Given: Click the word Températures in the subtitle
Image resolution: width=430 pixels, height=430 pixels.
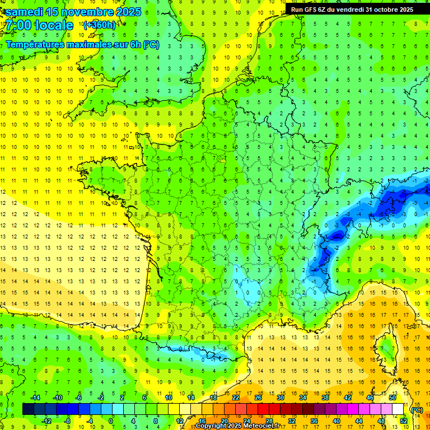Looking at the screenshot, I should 35,44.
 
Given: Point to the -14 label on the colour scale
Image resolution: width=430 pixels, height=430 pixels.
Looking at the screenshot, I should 35,398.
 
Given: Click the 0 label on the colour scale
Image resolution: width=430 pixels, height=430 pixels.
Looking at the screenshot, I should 111,421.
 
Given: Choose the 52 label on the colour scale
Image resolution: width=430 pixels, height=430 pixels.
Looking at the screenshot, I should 404,421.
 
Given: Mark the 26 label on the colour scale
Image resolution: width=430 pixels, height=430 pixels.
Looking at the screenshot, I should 258,398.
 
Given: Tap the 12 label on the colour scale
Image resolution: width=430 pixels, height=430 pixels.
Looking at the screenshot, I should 180,421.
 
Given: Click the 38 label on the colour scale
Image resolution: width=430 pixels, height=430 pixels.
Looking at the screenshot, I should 325,398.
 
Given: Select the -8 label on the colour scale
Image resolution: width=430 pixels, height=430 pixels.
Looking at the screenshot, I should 68,421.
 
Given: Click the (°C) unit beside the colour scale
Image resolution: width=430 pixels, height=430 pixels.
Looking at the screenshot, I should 417,409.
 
